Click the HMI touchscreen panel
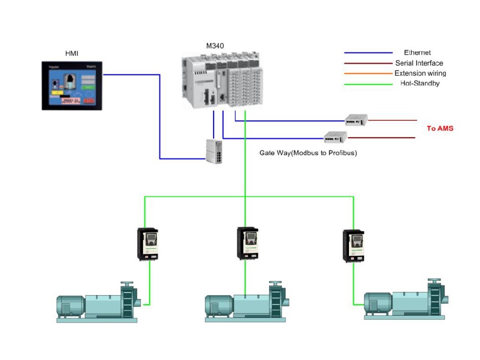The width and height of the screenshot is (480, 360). (72, 86)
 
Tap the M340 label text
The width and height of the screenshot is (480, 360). (215, 46)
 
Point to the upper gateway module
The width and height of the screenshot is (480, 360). (356, 120)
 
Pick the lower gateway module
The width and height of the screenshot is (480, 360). (335, 137)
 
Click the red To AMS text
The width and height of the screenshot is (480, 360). (440, 129)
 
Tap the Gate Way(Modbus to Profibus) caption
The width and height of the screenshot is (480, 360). (308, 153)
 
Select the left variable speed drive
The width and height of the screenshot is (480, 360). (148, 244)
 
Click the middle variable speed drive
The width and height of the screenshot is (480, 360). (248, 243)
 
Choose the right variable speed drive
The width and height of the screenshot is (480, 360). (353, 246)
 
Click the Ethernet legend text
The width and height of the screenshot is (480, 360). (417, 53)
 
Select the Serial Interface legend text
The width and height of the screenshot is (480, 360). (419, 63)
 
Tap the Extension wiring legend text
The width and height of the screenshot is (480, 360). (420, 73)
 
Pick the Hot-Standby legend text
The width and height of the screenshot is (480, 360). (420, 84)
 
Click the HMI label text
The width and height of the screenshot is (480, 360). (71, 53)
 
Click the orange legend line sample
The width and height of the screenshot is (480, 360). (368, 73)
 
